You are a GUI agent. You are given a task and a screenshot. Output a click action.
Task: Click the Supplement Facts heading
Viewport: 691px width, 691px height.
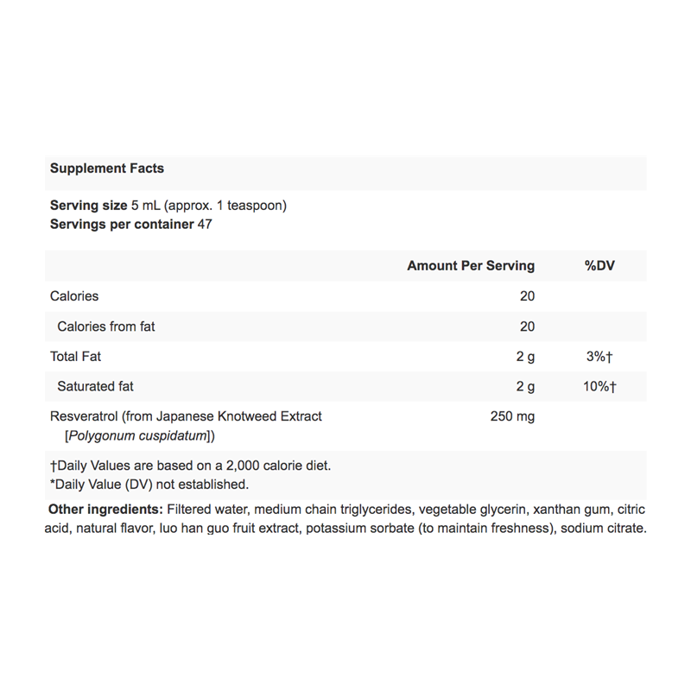107,168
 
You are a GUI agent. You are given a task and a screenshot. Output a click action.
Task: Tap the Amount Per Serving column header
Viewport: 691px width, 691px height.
471,266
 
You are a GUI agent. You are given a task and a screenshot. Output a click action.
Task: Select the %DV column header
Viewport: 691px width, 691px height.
599,266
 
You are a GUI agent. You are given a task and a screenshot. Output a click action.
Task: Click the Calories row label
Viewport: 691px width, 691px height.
74,296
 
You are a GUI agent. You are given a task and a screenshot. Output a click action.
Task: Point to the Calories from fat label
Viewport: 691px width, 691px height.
106,326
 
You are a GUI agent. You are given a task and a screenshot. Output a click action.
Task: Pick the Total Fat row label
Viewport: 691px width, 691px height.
76,357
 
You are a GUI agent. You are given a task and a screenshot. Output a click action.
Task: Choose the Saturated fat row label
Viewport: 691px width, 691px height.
95,387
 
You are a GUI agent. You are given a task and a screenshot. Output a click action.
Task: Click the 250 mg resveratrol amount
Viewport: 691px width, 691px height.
512,417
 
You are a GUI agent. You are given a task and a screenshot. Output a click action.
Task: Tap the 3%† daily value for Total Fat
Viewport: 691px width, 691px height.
598,357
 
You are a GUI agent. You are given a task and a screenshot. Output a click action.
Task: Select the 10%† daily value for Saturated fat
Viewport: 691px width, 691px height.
598,387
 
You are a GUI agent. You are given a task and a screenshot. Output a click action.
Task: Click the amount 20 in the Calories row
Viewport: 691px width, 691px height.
527,296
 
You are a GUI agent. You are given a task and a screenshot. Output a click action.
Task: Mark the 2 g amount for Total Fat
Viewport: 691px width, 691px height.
525,357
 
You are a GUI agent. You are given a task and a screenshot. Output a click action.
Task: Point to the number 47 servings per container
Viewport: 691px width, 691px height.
205,225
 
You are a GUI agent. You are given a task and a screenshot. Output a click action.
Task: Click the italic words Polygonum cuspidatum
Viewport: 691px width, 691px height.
137,436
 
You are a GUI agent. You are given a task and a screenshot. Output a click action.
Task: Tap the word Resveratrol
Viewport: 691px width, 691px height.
86,416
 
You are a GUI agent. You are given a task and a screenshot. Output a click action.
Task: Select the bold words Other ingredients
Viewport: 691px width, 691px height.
106,510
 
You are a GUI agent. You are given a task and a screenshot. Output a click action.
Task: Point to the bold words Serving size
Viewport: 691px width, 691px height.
88,206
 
